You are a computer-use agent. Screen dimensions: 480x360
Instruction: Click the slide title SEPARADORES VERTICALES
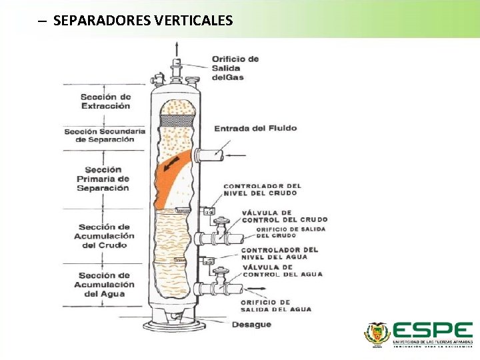143,21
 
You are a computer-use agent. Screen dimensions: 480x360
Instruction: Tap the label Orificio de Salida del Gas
235,68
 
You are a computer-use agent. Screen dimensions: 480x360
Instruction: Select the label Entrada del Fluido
246,128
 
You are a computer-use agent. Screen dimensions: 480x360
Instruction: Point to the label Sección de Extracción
106,101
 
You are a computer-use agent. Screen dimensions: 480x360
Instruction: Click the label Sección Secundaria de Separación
104,135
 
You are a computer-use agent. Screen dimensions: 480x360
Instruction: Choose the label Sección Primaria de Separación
103,179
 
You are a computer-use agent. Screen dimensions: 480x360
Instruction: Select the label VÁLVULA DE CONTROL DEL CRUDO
285,216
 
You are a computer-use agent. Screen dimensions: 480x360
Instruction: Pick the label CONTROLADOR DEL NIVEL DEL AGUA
280,253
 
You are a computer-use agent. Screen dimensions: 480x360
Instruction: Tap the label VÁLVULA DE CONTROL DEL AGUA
282,271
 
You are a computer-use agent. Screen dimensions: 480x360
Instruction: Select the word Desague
251,325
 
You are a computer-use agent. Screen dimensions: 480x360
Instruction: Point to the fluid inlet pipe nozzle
212,155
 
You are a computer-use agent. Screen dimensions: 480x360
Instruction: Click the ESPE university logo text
432,330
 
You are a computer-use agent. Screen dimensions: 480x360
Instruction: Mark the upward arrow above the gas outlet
177,48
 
